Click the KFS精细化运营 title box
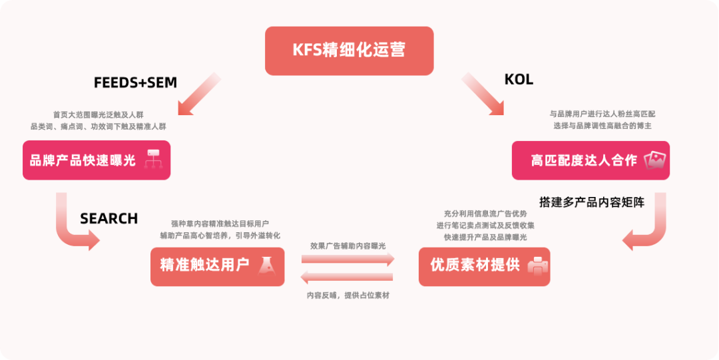click(349, 51)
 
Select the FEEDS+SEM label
click(135, 83)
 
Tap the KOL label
click(519, 80)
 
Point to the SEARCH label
click(109, 219)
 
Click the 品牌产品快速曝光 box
click(97, 160)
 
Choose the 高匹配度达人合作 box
click(590, 160)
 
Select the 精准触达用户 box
click(217, 266)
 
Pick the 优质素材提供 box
click(484, 266)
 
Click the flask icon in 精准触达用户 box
click(267, 266)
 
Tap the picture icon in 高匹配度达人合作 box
click(655, 160)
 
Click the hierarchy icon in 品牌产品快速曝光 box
click(154, 160)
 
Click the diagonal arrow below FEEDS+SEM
click(198, 94)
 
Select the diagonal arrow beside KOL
click(483, 94)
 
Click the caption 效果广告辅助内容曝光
click(348, 246)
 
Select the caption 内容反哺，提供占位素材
click(348, 295)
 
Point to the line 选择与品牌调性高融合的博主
click(602, 126)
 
